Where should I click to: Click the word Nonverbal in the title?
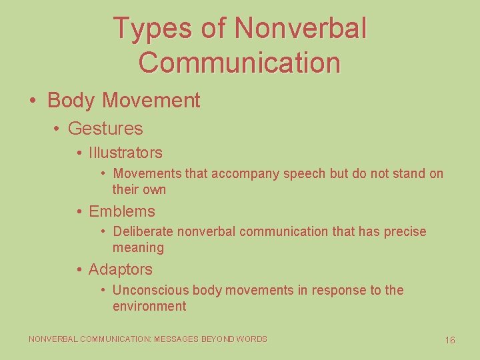(301, 29)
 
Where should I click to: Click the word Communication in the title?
(240, 62)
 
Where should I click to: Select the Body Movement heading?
(123, 101)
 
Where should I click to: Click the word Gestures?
(105, 128)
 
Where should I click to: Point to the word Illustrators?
(125, 153)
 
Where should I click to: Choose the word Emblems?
(121, 211)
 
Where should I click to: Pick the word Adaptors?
(120, 269)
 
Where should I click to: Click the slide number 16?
(450, 340)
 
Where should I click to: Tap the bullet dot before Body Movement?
(33, 101)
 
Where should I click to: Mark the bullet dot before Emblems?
(79, 212)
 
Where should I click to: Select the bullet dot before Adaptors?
(79, 270)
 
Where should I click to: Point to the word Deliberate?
(141, 231)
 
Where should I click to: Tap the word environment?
(149, 307)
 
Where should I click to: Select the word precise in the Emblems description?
(403, 231)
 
